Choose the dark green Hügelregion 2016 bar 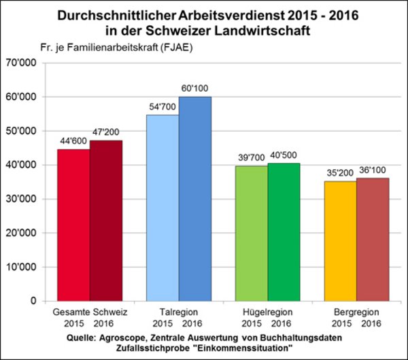click(283, 232)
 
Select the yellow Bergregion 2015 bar click(339, 240)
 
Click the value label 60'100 click(195, 89)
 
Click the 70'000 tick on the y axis click(24, 63)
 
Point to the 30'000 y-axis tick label click(24, 199)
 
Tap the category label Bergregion click(356, 311)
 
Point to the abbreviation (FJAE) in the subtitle click(195, 48)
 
